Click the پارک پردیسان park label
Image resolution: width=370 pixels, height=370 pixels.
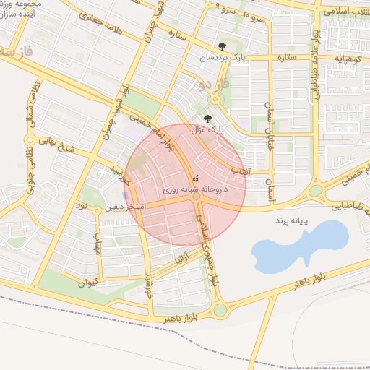pyautogui.click(x=220, y=56)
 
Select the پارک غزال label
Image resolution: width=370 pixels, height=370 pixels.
pyautogui.click(x=209, y=131)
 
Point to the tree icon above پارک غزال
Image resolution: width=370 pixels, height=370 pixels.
pyautogui.click(x=209, y=119)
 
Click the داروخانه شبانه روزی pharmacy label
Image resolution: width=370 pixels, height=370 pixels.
pyautogui.click(x=194, y=189)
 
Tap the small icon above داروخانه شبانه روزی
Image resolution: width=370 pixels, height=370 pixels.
pyautogui.click(x=194, y=178)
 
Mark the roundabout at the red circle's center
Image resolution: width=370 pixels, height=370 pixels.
pyautogui.click(x=196, y=196)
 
